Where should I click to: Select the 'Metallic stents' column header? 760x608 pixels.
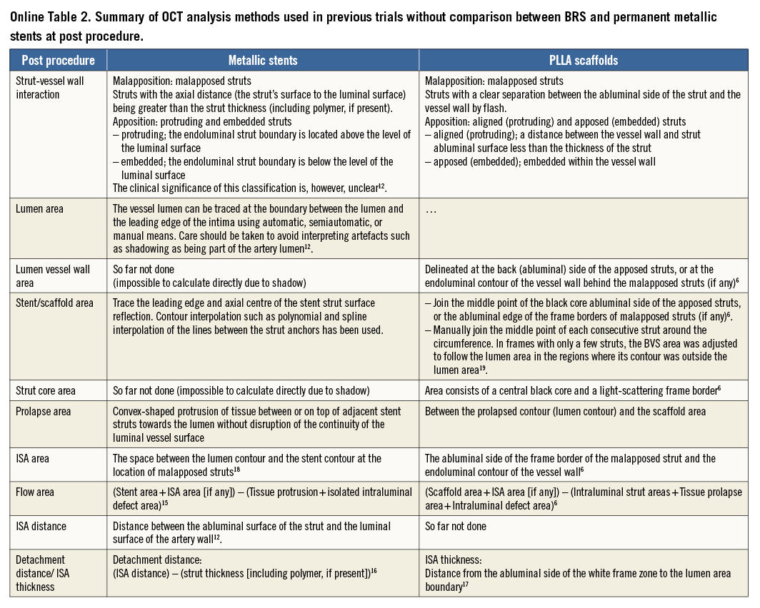tap(263, 61)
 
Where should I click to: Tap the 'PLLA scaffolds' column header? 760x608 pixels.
tap(584, 61)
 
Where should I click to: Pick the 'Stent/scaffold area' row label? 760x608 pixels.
tap(55, 303)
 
